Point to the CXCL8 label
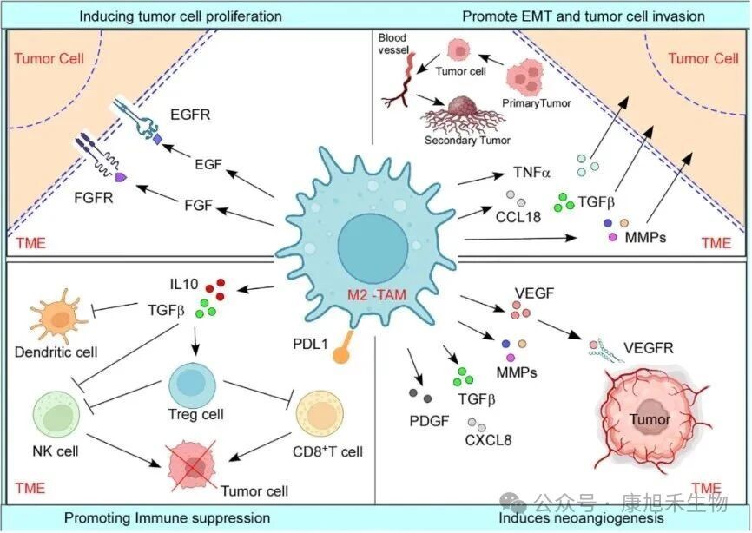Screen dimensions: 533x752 [x=489, y=440]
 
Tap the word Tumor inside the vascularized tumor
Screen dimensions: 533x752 [x=650, y=421]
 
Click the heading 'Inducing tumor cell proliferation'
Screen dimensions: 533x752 [x=181, y=16]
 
